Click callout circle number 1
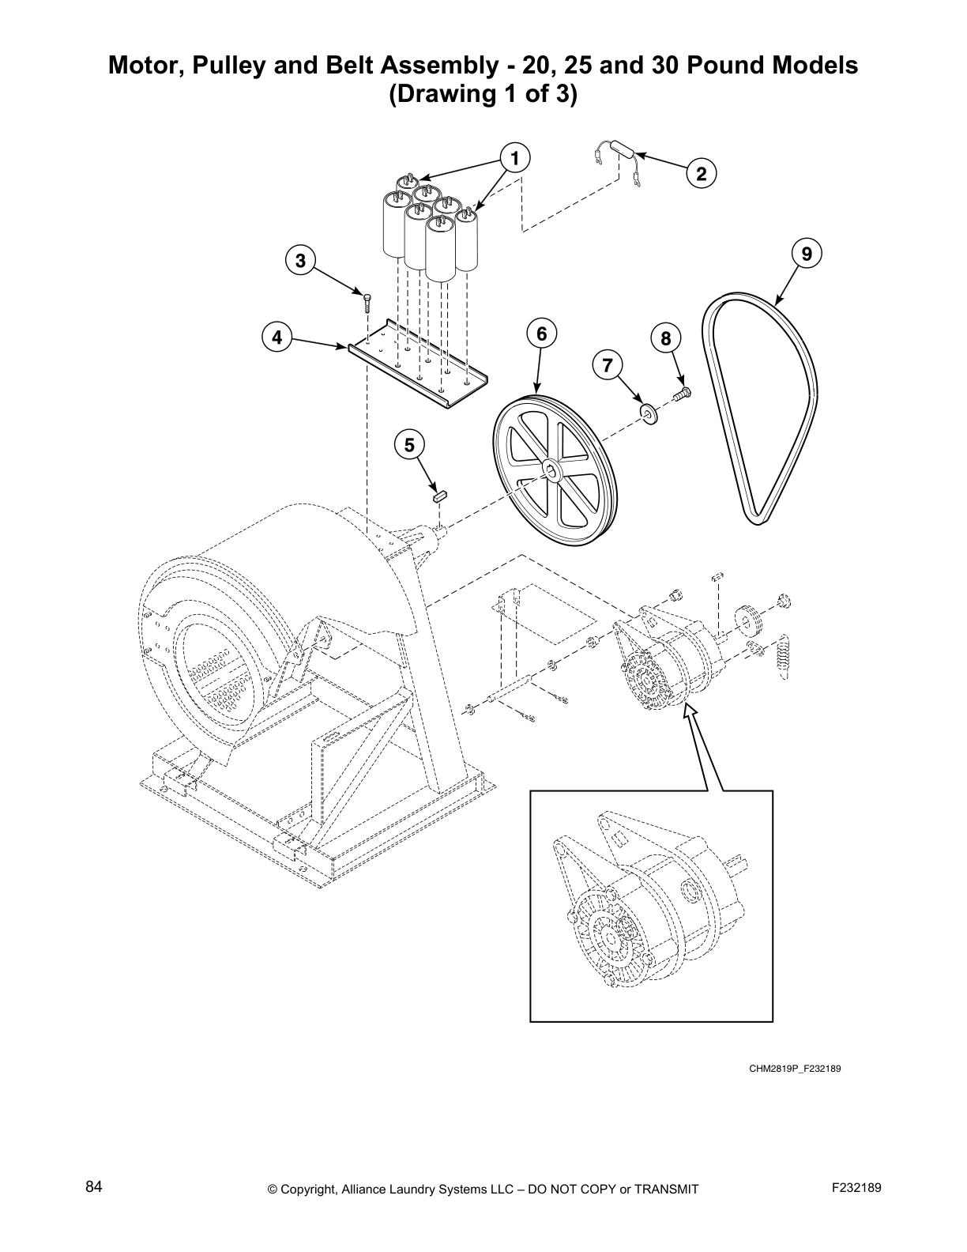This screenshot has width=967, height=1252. (514, 158)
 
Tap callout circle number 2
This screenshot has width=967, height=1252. (701, 173)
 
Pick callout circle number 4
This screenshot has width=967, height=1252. (277, 338)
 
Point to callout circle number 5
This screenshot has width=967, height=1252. (409, 446)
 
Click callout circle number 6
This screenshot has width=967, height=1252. (541, 334)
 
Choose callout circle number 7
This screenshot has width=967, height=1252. (607, 365)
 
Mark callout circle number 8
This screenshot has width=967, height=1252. (665, 339)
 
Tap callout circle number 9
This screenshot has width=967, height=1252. (806, 254)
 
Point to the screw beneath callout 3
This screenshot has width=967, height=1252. (366, 300)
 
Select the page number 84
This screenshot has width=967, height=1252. (94, 1187)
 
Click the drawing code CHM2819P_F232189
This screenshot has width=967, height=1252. (793, 1068)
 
